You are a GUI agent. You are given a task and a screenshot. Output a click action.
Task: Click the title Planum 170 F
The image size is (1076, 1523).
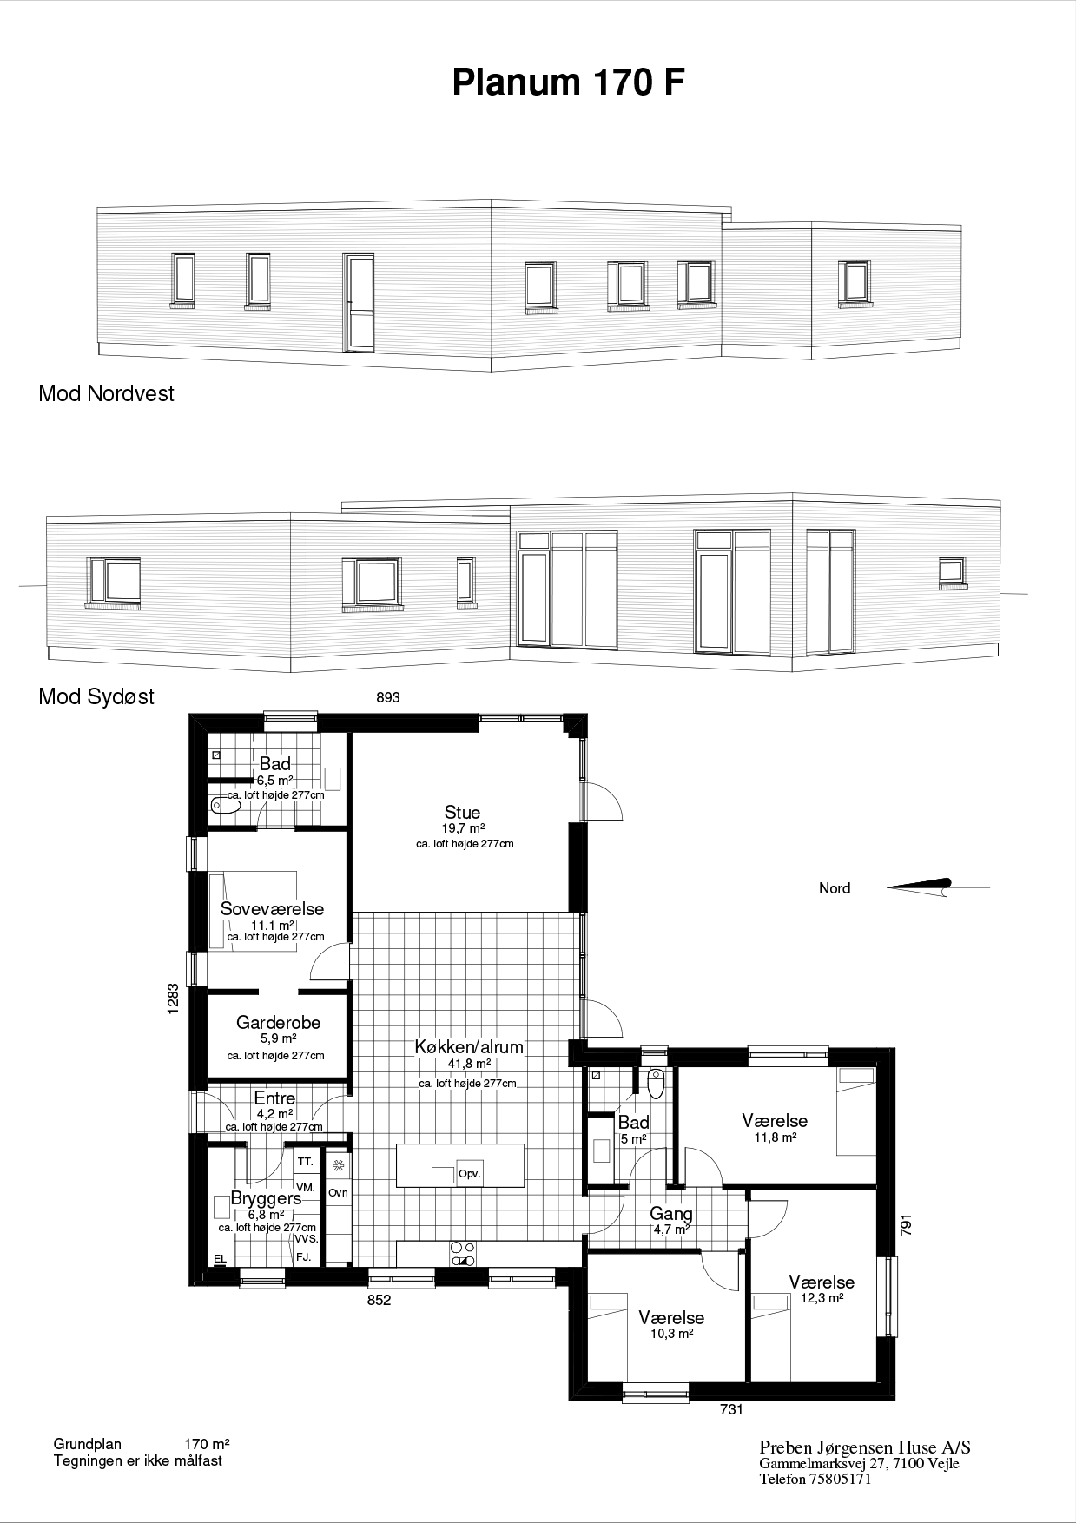[568, 82]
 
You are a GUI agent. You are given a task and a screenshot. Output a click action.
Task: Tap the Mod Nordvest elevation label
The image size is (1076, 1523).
[106, 393]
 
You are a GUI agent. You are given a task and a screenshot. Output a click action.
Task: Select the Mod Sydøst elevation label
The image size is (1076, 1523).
[96, 696]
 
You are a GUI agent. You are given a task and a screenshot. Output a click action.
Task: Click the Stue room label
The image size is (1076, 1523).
[462, 812]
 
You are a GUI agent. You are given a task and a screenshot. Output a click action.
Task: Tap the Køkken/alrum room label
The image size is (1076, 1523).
[469, 1046]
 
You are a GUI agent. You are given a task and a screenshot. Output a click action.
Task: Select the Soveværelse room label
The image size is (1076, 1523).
[272, 909]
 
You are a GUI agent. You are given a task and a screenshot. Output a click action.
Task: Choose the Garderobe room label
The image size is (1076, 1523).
[278, 1022]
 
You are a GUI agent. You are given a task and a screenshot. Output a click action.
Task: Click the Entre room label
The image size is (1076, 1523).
[274, 1098]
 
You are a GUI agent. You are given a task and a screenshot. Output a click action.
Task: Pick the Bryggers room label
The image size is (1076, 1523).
[266, 1198]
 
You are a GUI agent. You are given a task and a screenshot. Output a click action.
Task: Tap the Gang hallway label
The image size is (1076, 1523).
[671, 1214]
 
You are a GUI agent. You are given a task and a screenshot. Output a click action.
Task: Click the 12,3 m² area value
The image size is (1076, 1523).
[823, 1298]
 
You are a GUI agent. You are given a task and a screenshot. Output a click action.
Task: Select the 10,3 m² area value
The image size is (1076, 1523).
[671, 1334]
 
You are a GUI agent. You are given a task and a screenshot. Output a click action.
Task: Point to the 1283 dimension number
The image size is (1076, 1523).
[174, 998]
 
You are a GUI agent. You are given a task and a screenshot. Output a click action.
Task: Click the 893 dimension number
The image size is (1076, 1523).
[388, 697]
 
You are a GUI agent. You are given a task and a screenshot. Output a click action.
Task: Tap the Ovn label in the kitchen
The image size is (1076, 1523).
[338, 1192]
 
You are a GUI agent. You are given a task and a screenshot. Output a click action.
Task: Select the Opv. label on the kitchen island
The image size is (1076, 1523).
[470, 1173]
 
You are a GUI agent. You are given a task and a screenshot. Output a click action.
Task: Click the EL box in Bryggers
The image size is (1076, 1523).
[220, 1258]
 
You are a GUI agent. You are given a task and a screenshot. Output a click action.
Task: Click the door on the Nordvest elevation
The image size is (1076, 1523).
[360, 303]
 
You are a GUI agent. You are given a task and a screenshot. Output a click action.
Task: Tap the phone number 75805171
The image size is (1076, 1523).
[840, 1480]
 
